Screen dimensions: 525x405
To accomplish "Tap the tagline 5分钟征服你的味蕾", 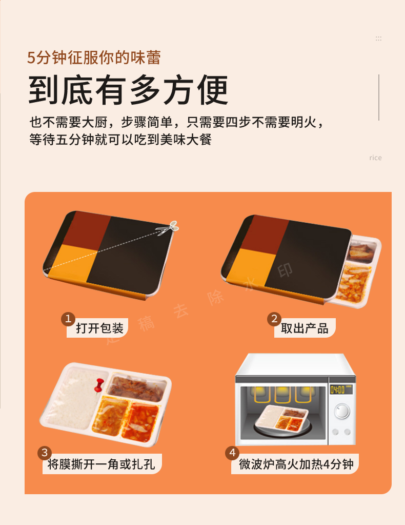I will [94, 57].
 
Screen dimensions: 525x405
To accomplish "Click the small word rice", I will [375, 158].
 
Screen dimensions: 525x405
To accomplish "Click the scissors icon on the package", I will [174, 226].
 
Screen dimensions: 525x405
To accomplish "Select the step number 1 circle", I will [68, 319].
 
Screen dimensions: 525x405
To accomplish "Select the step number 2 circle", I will [274, 319].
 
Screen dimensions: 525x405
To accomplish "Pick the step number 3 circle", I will [45, 453].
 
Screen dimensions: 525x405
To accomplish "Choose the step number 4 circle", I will [232, 453].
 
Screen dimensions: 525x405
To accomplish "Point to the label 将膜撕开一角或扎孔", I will [102, 464].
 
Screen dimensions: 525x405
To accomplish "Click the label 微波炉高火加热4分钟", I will [296, 464].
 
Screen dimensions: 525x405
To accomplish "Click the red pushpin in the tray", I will [100, 383].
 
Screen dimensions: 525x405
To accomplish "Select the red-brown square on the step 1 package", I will [88, 230].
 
